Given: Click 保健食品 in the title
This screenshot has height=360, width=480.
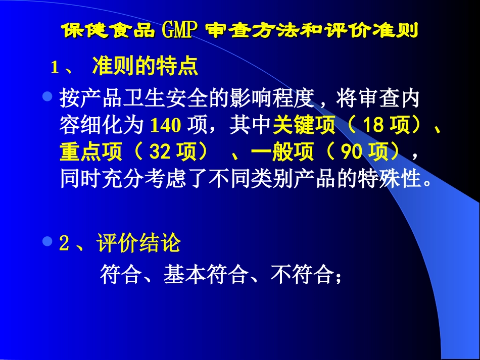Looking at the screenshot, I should pyautogui.click(x=108, y=30).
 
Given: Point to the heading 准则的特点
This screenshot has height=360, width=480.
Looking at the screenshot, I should pyautogui.click(x=145, y=67).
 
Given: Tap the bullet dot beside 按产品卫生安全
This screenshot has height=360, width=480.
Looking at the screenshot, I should pyautogui.click(x=48, y=95).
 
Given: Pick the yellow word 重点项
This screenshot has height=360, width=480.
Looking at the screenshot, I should pyautogui.click(x=91, y=152).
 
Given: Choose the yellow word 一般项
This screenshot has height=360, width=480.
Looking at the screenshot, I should pyautogui.click(x=282, y=152).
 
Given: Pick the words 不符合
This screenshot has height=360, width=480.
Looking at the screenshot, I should pyautogui.click(x=302, y=275).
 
